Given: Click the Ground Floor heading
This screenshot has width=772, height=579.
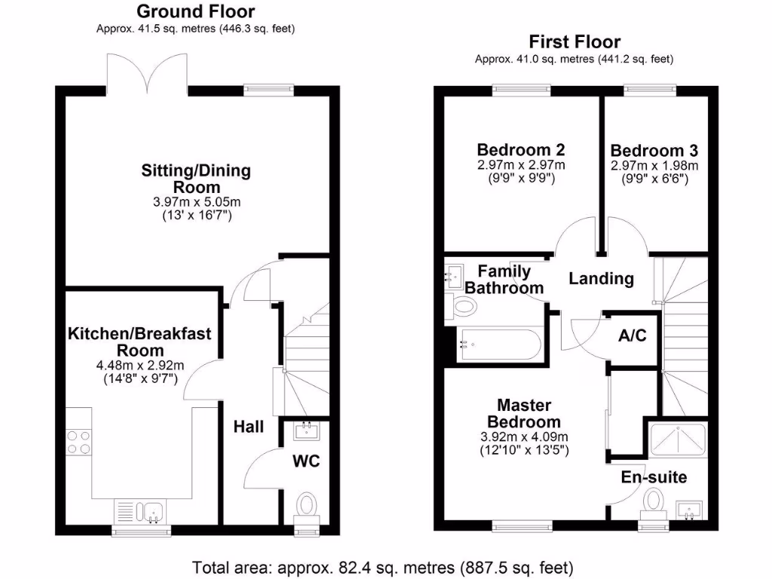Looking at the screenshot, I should click(x=195, y=12).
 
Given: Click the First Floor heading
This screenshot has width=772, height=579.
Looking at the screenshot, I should click(x=574, y=41).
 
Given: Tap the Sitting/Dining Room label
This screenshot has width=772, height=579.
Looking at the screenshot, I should click(x=196, y=179).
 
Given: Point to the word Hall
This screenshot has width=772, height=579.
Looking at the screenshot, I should click(x=248, y=427).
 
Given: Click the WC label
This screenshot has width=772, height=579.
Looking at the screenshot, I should click(x=306, y=461).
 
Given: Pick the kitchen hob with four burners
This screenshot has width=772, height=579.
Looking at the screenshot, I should click(x=78, y=440).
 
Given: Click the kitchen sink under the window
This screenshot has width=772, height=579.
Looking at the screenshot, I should click(x=142, y=512).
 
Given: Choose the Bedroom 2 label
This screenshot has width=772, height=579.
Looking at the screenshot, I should click(x=521, y=149).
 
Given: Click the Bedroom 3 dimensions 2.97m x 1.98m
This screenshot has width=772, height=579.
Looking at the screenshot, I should click(x=654, y=166).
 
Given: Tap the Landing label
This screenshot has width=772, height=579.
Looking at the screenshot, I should click(x=601, y=278).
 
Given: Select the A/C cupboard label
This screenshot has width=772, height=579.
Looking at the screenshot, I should click(x=632, y=336).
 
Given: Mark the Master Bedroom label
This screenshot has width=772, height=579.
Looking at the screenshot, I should click(x=524, y=413).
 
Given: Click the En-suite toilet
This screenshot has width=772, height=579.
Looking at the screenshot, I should click(x=654, y=501).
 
